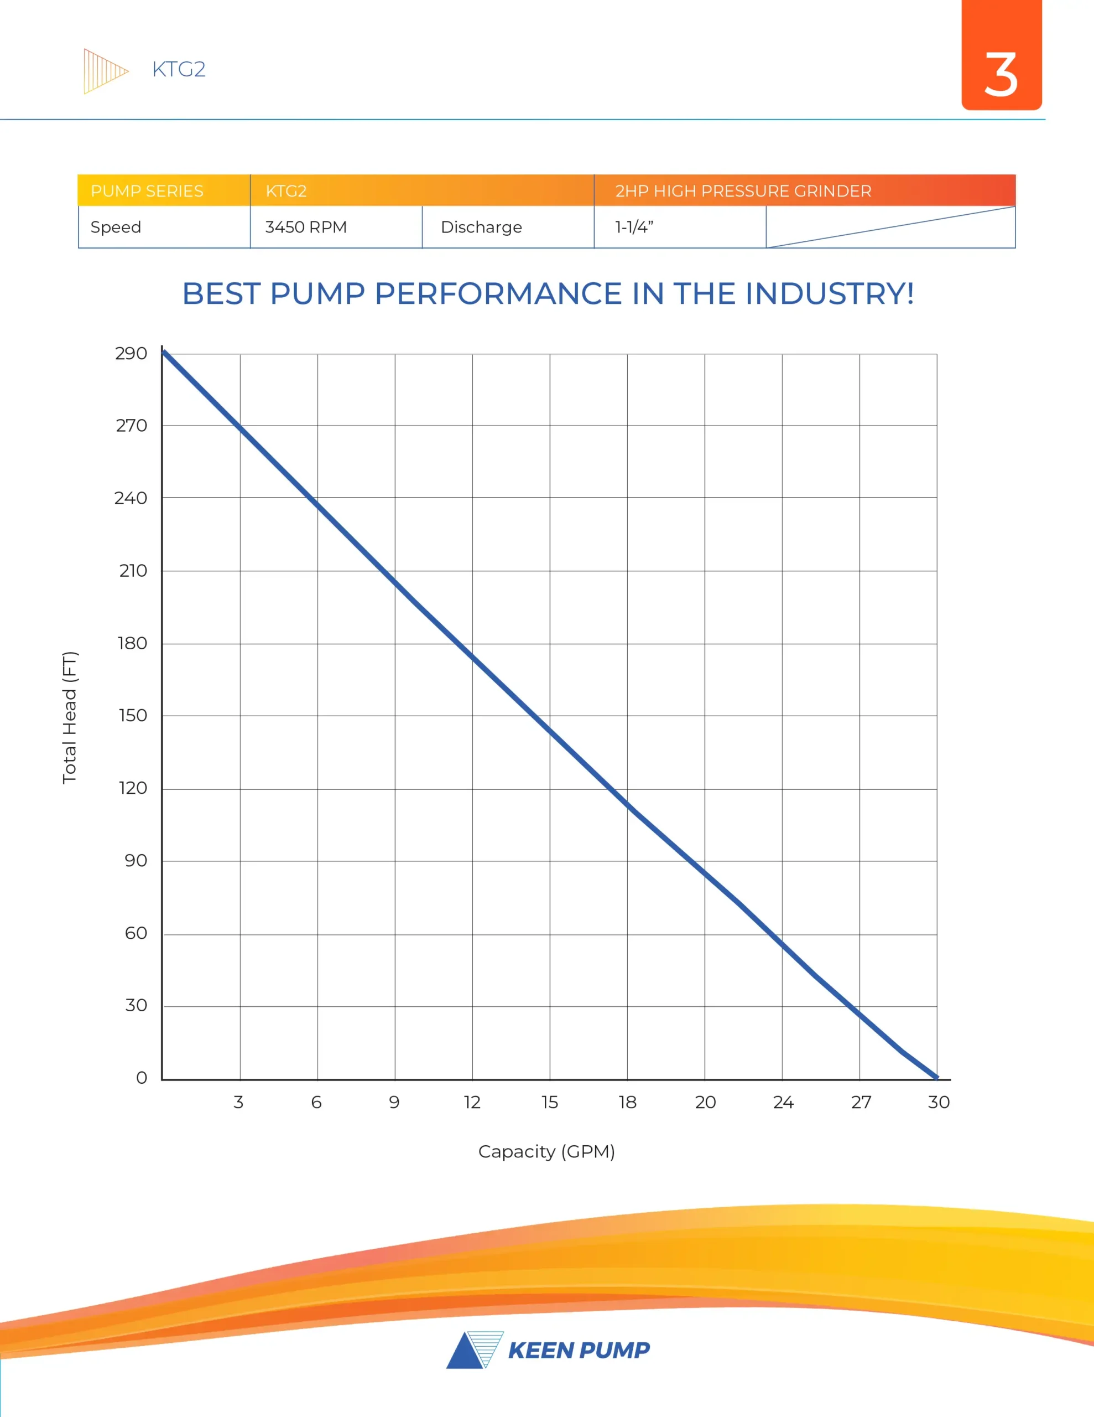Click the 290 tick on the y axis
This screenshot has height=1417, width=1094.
[x=131, y=354]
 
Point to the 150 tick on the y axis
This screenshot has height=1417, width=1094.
[x=132, y=716]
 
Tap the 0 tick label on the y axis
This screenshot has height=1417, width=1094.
[x=142, y=1078]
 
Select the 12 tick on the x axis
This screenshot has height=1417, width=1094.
[x=472, y=1103]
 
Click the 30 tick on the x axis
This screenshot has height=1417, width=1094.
[x=939, y=1103]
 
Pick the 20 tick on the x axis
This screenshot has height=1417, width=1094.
[x=705, y=1103]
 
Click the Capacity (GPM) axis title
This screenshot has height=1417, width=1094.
[x=546, y=1152]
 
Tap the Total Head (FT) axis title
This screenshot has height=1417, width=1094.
[x=69, y=717]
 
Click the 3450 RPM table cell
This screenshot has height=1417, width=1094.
[x=306, y=227]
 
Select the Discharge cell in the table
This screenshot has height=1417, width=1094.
[x=481, y=227]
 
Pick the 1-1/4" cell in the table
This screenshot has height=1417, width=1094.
[x=634, y=227]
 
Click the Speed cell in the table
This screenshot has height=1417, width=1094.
[x=116, y=227]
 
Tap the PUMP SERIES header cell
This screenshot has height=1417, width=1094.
[x=147, y=191]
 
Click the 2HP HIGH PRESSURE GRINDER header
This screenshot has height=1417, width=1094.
[x=743, y=191]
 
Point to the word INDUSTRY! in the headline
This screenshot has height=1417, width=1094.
[x=830, y=293]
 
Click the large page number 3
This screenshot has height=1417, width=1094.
[x=1001, y=75]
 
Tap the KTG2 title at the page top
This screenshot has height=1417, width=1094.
[x=178, y=69]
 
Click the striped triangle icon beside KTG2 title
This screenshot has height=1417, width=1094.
[x=104, y=71]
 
